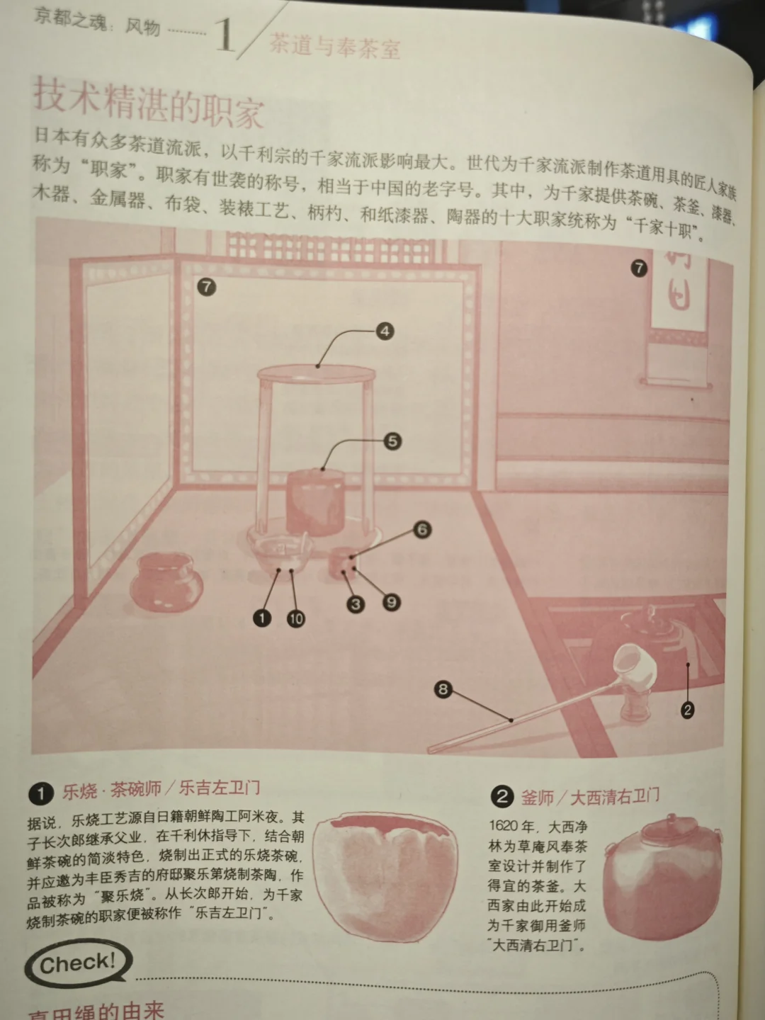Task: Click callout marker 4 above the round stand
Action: pyautogui.click(x=385, y=331)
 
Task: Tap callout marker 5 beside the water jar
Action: pyautogui.click(x=392, y=441)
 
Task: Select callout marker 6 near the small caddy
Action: pyautogui.click(x=422, y=529)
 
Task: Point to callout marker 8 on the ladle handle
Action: pyautogui.click(x=443, y=688)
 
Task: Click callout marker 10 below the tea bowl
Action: pyautogui.click(x=296, y=618)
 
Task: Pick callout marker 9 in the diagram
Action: pyautogui.click(x=391, y=602)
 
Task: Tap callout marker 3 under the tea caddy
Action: pyautogui.click(x=356, y=604)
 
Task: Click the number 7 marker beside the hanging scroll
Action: pyautogui.click(x=639, y=268)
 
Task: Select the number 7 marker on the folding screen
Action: pyautogui.click(x=206, y=287)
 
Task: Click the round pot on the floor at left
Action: pyautogui.click(x=166, y=582)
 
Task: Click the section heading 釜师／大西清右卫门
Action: pyautogui.click(x=589, y=797)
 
